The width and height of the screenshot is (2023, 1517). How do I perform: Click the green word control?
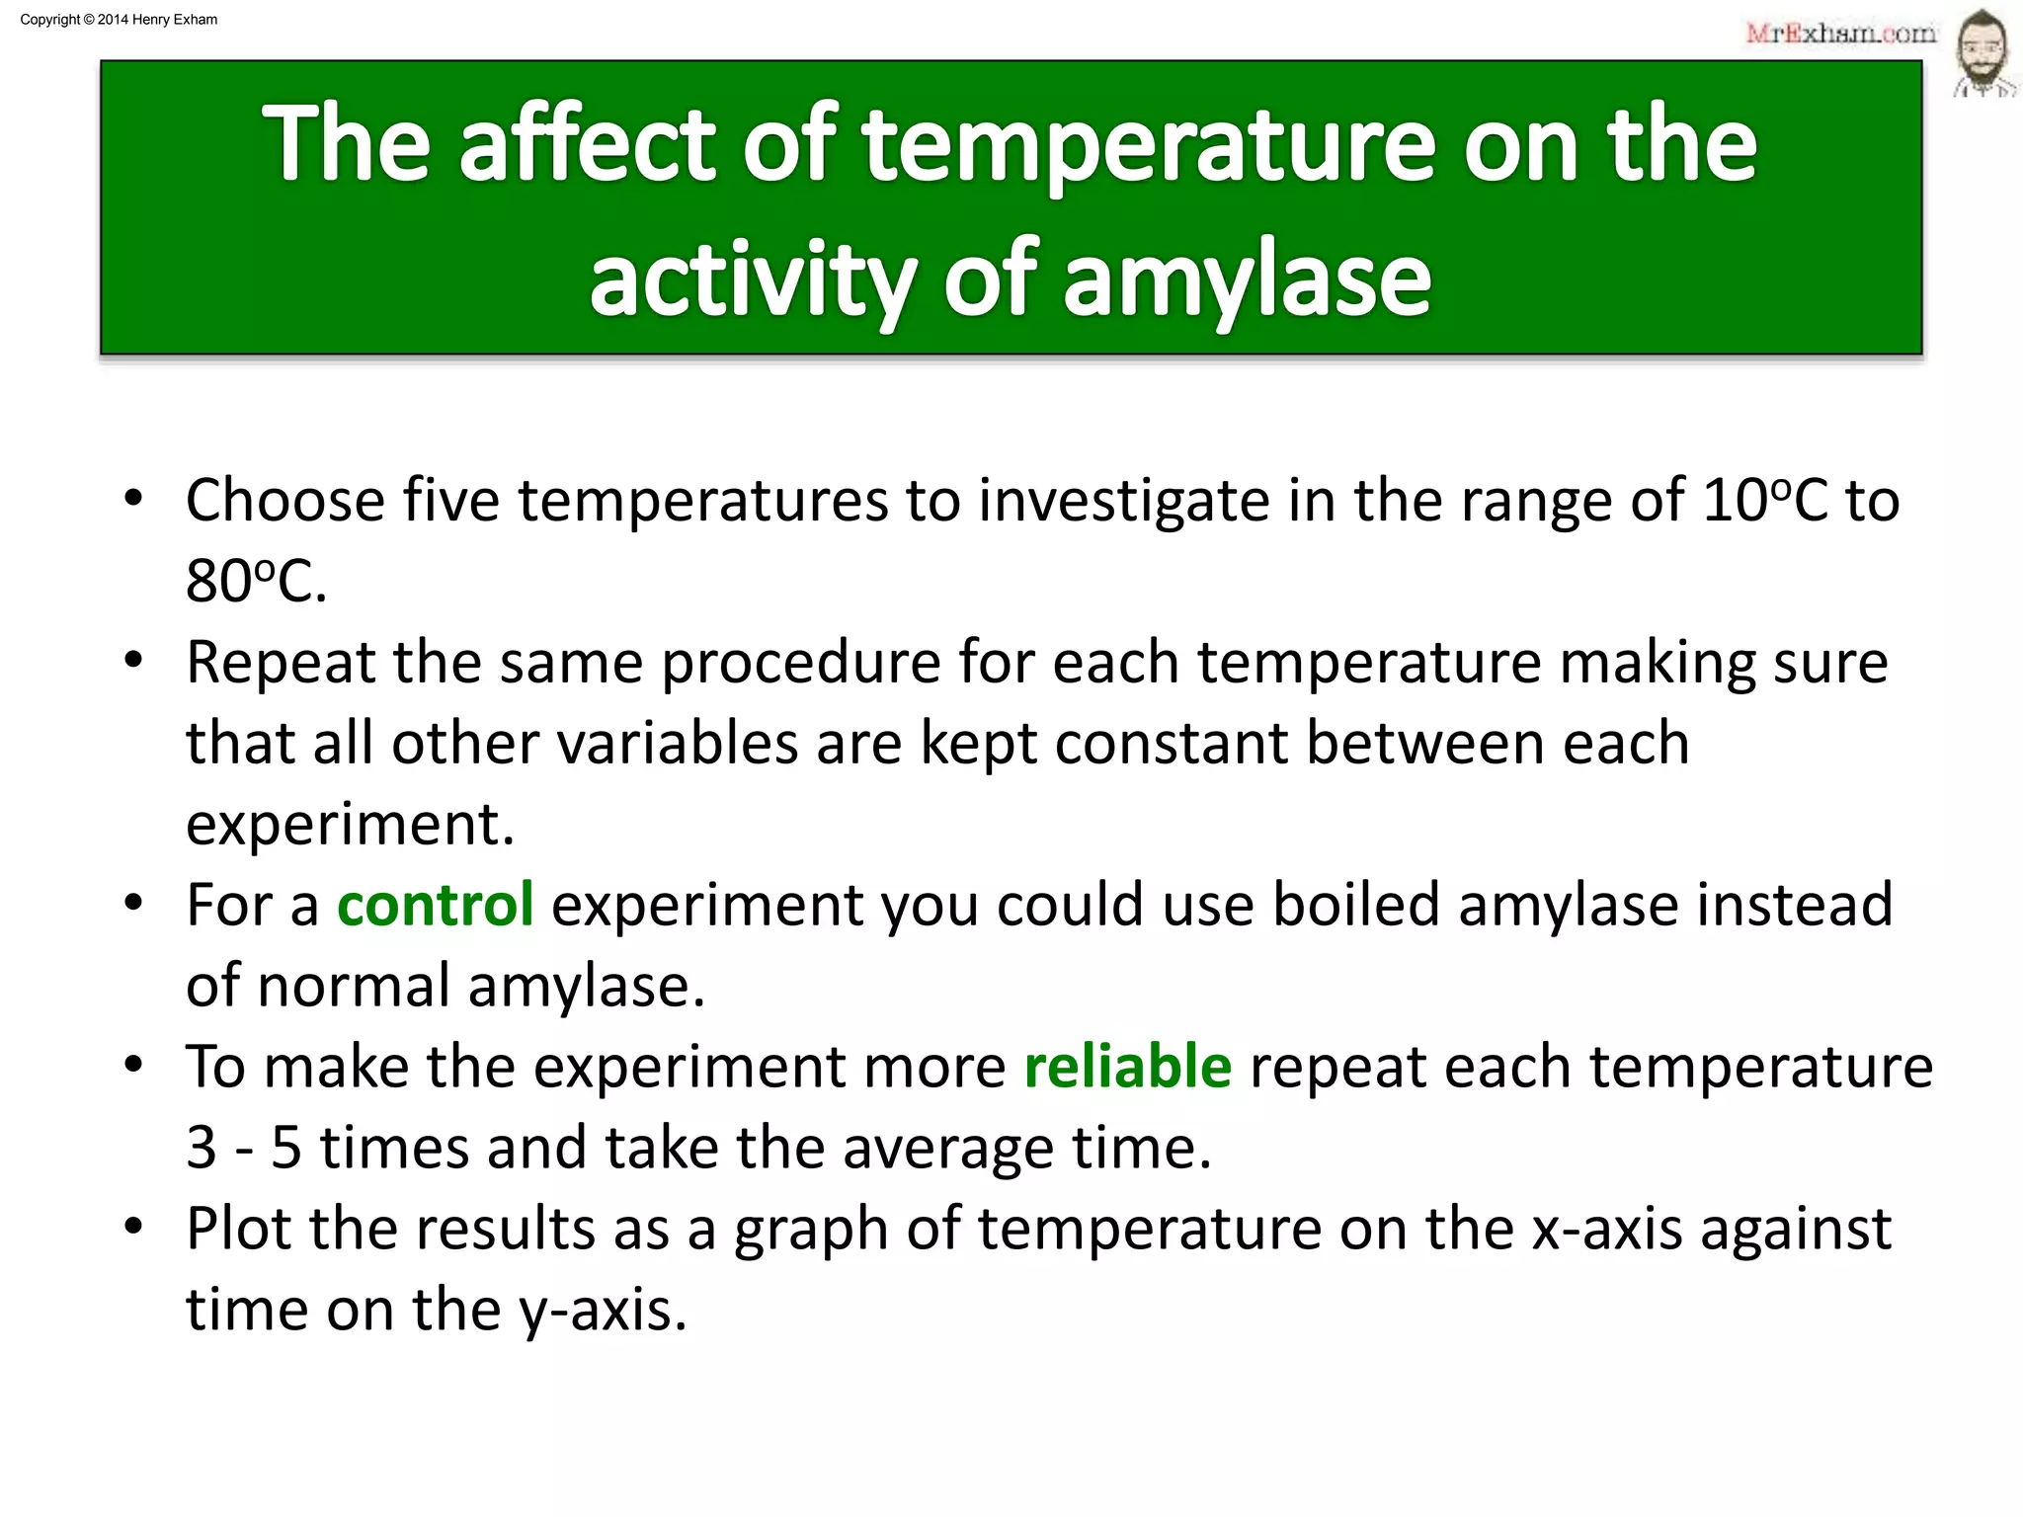[435, 905]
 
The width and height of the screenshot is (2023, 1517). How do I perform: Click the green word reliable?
[1127, 1067]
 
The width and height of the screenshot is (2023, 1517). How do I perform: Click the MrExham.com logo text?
[1840, 34]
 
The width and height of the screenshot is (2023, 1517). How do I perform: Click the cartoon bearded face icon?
[1983, 54]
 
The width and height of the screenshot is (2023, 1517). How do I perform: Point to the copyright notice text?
[119, 20]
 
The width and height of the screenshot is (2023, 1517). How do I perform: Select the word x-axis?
[1607, 1229]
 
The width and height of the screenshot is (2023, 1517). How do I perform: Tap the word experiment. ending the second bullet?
[350, 825]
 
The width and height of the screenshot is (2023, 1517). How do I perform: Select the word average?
[948, 1149]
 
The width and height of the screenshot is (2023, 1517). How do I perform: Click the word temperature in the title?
[1147, 146]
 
